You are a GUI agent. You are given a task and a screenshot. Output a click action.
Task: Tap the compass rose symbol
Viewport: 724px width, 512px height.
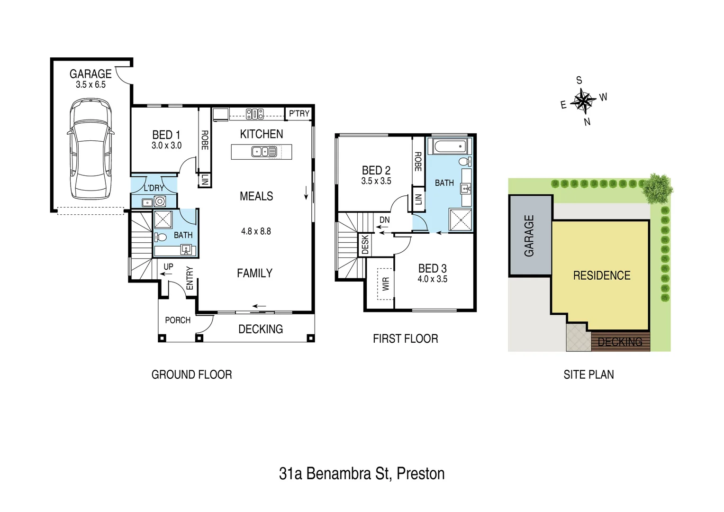click(x=583, y=101)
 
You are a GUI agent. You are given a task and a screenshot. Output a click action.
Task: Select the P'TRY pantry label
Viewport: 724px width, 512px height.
click(x=299, y=114)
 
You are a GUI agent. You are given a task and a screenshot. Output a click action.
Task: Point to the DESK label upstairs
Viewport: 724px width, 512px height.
click(x=365, y=245)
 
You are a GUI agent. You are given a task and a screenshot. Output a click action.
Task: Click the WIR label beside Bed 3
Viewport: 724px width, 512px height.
click(x=386, y=283)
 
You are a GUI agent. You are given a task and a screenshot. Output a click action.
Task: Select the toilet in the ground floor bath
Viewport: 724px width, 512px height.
click(x=160, y=237)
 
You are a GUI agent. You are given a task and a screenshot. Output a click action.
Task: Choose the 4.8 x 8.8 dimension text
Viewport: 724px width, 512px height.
click(x=256, y=231)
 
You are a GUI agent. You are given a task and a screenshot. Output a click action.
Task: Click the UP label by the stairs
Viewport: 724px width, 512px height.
click(x=168, y=267)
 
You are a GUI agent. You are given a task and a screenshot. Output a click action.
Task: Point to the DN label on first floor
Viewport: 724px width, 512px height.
click(x=384, y=220)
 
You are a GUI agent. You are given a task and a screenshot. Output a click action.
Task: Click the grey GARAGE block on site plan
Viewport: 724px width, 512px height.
click(x=530, y=236)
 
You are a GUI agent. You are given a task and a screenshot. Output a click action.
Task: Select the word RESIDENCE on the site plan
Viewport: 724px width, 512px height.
click(x=601, y=275)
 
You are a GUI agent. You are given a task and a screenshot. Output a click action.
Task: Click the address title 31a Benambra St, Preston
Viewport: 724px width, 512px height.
click(x=362, y=474)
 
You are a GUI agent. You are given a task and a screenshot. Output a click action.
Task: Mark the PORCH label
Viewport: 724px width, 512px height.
click(x=178, y=320)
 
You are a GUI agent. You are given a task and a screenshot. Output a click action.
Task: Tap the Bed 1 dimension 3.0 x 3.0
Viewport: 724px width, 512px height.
click(x=166, y=146)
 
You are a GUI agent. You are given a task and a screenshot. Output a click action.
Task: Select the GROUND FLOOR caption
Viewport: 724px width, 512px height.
click(x=191, y=375)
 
